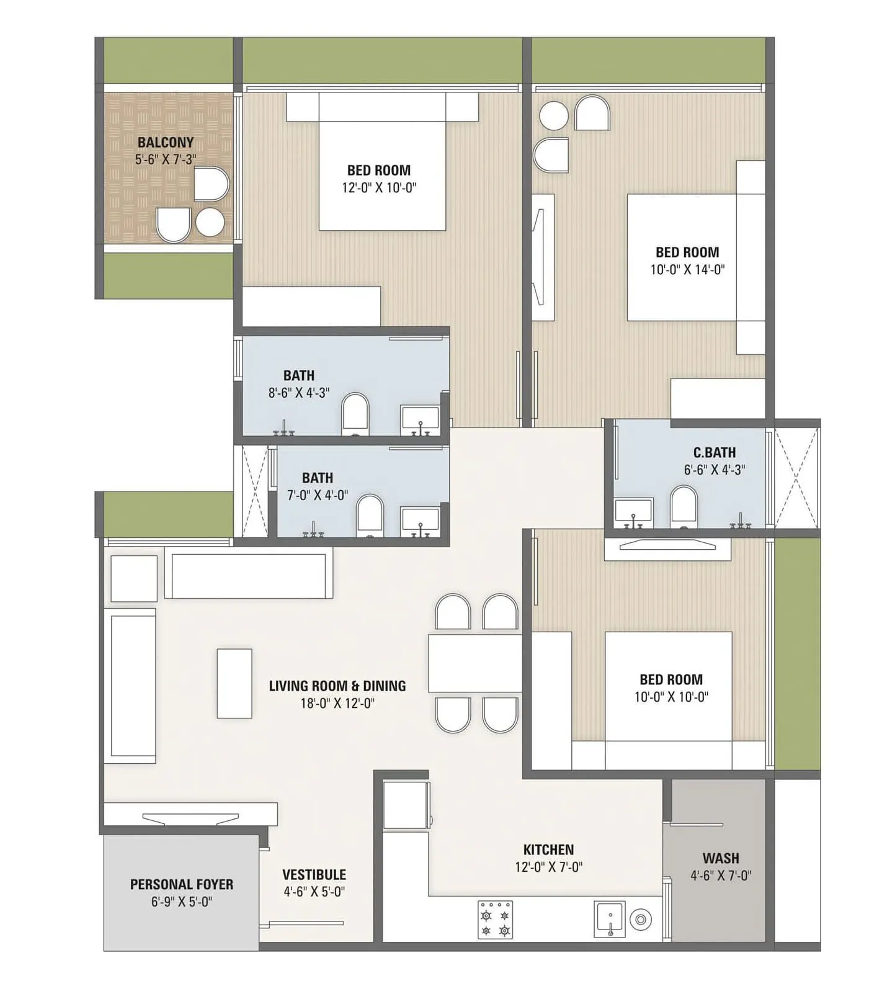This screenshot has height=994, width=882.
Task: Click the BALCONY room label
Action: click(x=166, y=142)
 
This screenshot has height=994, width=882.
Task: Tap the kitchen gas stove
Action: click(x=495, y=920)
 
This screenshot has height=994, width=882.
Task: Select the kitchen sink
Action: click(x=610, y=919)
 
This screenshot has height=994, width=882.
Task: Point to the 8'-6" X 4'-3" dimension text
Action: click(x=298, y=393)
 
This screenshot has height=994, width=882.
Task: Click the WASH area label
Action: click(x=720, y=858)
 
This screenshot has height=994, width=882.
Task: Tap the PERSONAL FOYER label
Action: click(x=182, y=884)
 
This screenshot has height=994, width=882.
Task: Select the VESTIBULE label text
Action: click(x=314, y=874)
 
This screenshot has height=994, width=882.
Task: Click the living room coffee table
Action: click(x=234, y=683)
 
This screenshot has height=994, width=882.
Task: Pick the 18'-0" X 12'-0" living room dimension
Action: click(x=337, y=703)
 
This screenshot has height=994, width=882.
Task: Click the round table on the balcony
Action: click(x=210, y=222)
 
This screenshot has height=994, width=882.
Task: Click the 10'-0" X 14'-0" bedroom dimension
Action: click(x=687, y=269)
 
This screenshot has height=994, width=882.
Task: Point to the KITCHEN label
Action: click(x=548, y=849)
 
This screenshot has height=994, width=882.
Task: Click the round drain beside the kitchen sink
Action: click(x=640, y=920)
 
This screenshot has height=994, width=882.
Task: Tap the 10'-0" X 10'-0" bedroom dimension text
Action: click(x=670, y=697)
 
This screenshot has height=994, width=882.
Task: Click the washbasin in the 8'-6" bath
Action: click(x=420, y=419)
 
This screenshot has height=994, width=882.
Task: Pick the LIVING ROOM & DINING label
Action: click(x=337, y=686)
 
